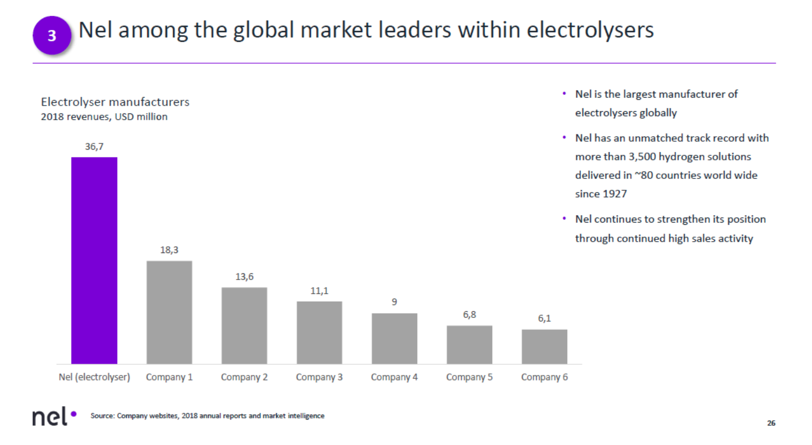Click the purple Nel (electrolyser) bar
tap(94, 260)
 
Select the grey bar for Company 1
tap(169, 312)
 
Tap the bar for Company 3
tap(319, 332)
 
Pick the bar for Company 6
tap(544, 346)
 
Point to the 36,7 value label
tap(94, 147)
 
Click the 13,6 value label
tap(244, 277)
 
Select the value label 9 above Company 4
tap(394, 302)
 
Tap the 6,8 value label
tap(469, 315)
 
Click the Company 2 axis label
tap(244, 377)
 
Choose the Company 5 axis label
tap(469, 377)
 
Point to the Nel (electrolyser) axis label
tap(94, 377)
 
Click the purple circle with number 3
tap(52, 36)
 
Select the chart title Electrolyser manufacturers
tap(115, 102)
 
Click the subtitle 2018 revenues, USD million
tap(104, 117)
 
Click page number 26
tap(771, 423)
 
